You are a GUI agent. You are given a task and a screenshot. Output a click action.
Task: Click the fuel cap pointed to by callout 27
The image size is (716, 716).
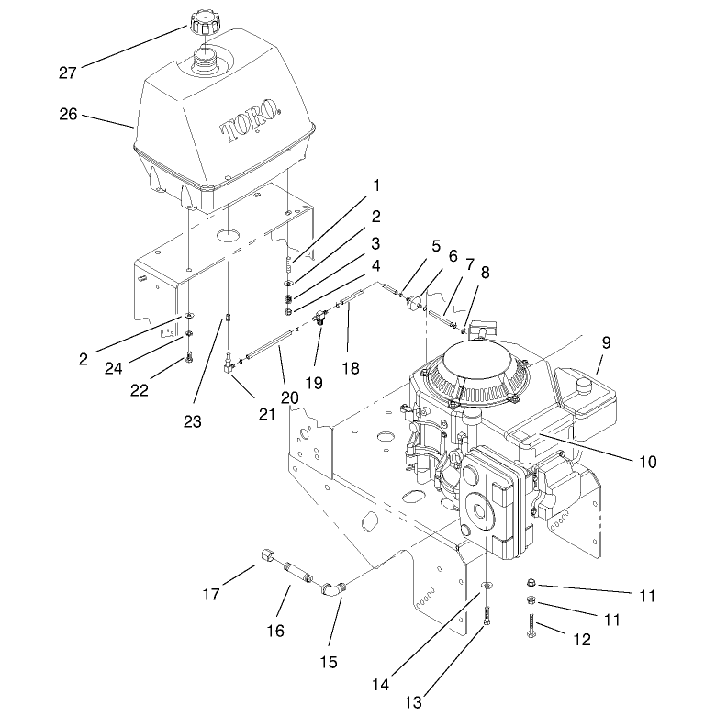pyautogui.click(x=204, y=23)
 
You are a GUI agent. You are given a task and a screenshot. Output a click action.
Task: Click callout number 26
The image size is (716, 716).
pyautogui.click(x=68, y=114)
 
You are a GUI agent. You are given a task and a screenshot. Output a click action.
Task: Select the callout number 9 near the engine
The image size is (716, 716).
pyautogui.click(x=606, y=342)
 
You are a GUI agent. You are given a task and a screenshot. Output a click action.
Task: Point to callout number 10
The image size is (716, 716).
pyautogui.click(x=647, y=462)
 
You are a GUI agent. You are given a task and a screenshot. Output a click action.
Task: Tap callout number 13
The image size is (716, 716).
pyautogui.click(x=413, y=702)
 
